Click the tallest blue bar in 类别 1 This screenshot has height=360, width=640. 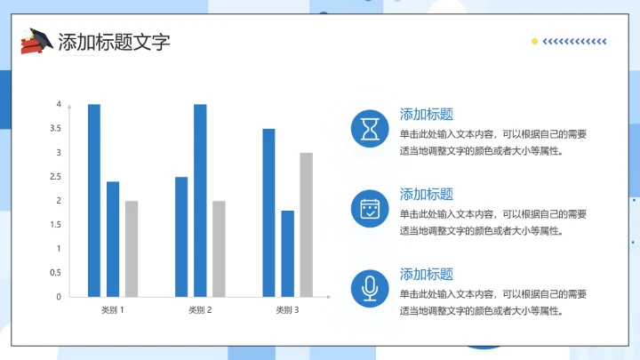click(94, 200)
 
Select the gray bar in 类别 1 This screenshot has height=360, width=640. click(132, 248)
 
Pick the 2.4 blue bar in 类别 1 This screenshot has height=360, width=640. click(113, 238)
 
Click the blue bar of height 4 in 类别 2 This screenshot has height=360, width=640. click(200, 200)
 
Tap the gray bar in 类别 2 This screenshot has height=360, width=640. click(219, 248)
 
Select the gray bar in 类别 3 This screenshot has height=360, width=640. click(306, 224)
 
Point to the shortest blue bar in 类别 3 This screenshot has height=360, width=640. click(287, 252)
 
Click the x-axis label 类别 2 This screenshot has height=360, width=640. click(200, 310)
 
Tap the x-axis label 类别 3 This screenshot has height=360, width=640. click(287, 310)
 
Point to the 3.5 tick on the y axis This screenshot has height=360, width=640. click(56, 129)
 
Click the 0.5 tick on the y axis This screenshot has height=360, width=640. click(56, 273)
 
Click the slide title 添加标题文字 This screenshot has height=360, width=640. click(113, 42)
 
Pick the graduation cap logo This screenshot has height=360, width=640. click(36, 41)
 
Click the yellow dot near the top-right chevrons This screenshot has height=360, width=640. click(534, 41)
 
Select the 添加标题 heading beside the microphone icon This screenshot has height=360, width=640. click(427, 274)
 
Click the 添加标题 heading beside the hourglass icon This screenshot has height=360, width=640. click(427, 114)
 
